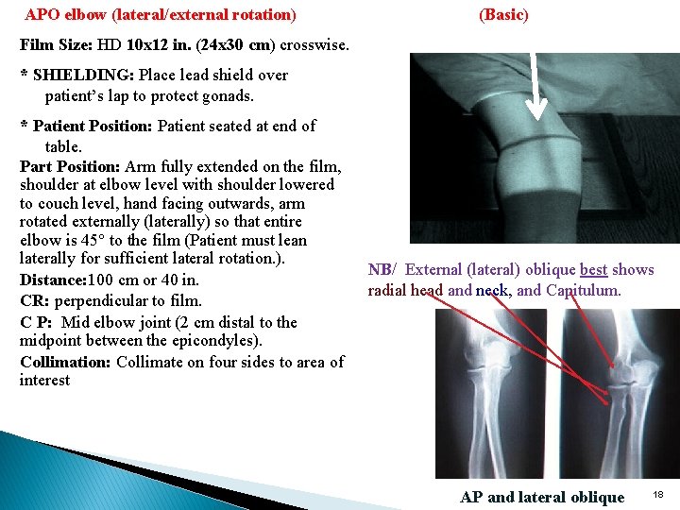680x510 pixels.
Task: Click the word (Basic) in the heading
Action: [x=503, y=15]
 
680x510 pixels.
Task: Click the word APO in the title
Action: [x=42, y=15]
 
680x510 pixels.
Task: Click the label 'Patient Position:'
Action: [x=93, y=127]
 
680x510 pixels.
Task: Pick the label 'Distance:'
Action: [x=53, y=280]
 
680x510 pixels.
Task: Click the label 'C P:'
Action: [x=37, y=322]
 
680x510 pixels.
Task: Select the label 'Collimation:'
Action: [x=65, y=363]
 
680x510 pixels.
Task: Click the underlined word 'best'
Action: [x=593, y=270]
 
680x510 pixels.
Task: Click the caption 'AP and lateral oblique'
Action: [x=542, y=498]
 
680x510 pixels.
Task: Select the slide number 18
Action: [x=658, y=495]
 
